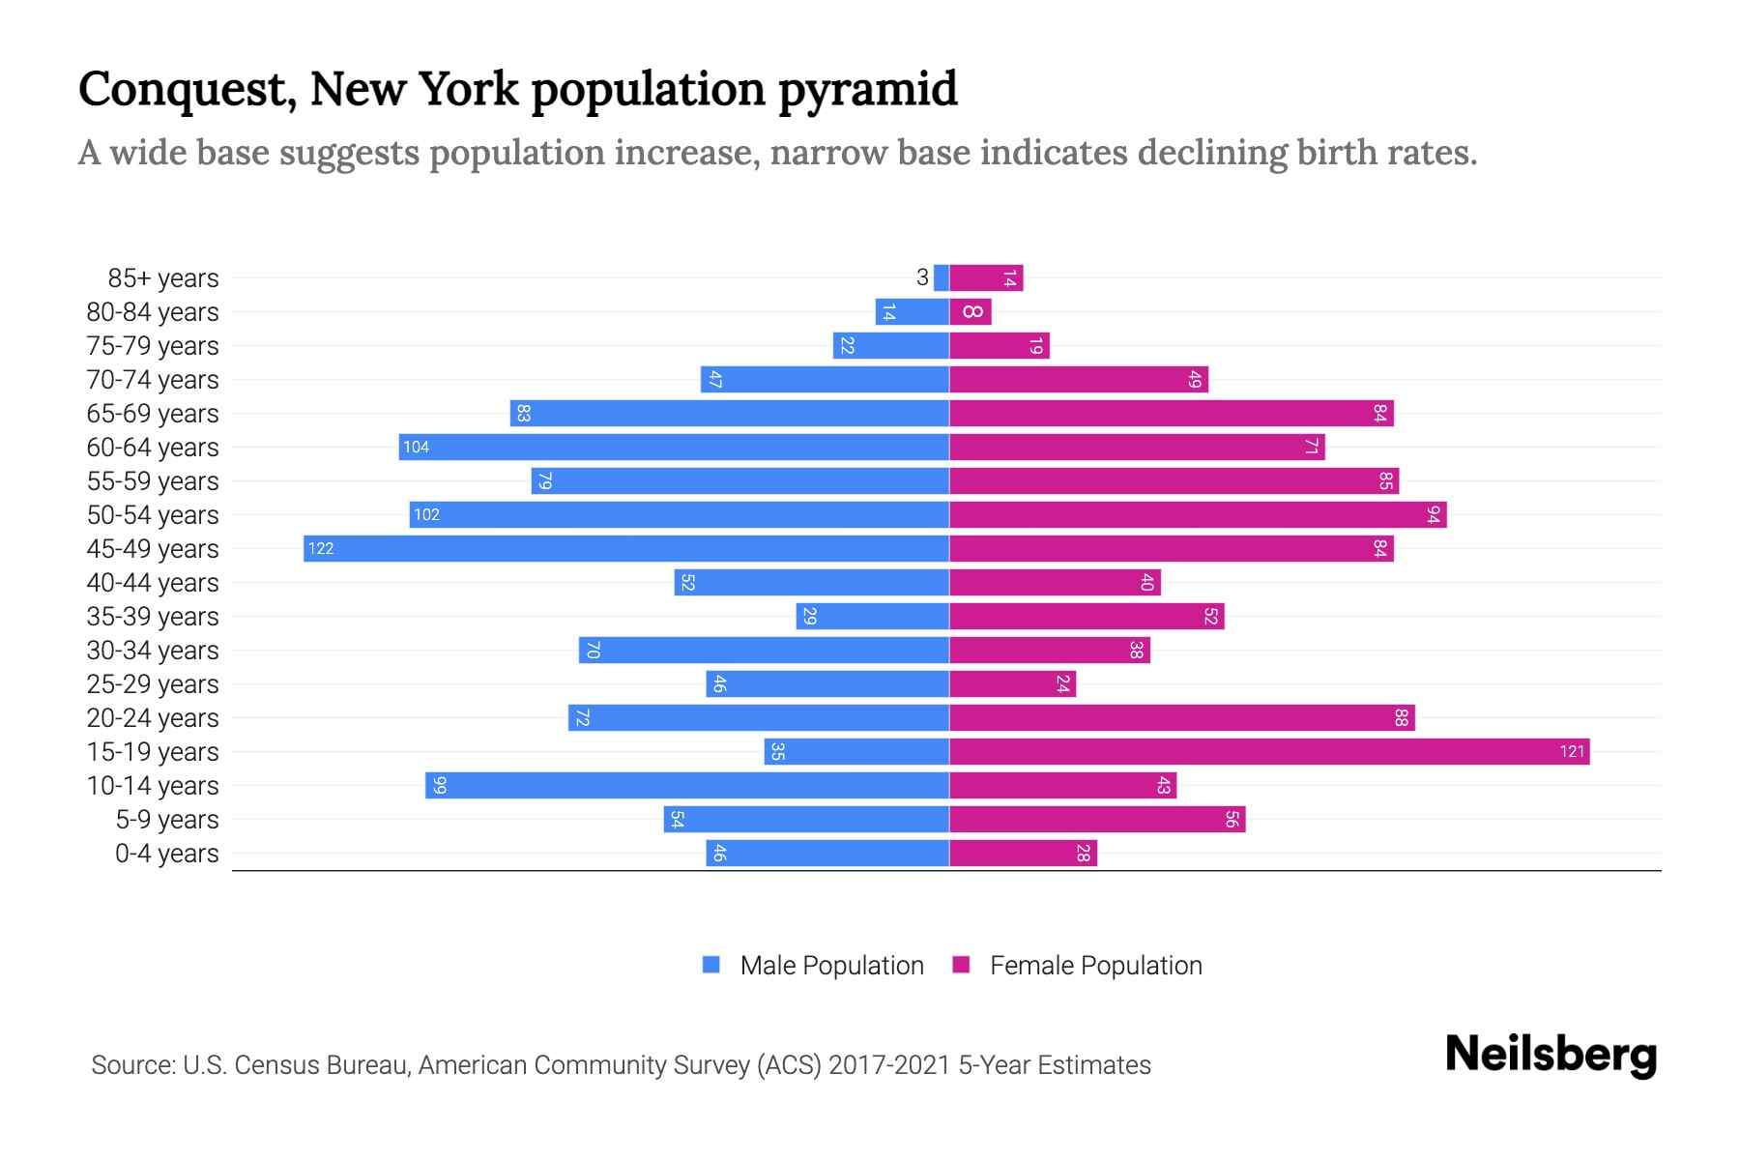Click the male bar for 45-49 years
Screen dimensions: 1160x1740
coord(626,548)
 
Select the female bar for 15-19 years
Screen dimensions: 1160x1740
coord(1268,751)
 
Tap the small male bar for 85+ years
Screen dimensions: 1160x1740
coord(942,277)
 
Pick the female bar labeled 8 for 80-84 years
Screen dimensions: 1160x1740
coord(971,311)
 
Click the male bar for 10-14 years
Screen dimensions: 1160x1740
coord(687,785)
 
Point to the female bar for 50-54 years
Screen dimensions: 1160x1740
coord(1197,514)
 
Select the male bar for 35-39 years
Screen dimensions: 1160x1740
coord(872,616)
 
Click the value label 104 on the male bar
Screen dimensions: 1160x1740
coord(417,447)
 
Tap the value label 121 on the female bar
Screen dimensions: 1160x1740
coord(1572,751)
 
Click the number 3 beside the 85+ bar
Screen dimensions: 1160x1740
coord(922,277)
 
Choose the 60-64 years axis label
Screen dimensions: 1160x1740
coord(153,448)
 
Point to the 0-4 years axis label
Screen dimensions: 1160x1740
coord(166,854)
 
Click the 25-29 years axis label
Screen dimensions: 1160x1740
coord(153,684)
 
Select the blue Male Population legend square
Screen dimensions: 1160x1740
coord(711,965)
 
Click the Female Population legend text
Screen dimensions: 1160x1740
coord(1095,966)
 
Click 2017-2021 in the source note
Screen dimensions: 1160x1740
coord(889,1065)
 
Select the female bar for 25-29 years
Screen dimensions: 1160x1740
coord(1012,683)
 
